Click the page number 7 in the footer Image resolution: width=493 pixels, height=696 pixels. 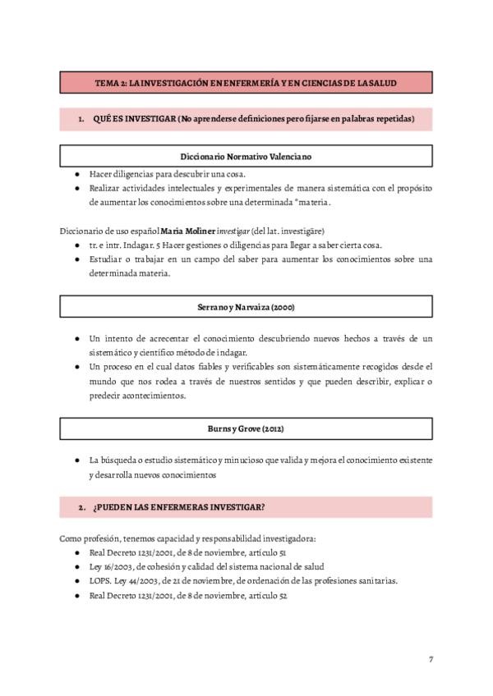[x=431, y=659]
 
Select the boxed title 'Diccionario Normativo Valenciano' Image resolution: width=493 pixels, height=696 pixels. [x=246, y=156]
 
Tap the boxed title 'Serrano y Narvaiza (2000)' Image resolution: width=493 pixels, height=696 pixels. [x=246, y=307]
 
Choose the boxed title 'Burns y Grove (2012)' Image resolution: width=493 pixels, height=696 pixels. [x=246, y=428]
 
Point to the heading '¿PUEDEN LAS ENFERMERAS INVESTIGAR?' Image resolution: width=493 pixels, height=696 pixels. [x=178, y=506]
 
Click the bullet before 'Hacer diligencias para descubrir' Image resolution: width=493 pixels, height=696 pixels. [x=76, y=174]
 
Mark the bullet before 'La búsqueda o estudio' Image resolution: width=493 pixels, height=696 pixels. [x=76, y=460]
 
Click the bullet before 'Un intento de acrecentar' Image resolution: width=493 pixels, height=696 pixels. [x=76, y=338]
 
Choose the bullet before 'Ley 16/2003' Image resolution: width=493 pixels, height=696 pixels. [x=76, y=566]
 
